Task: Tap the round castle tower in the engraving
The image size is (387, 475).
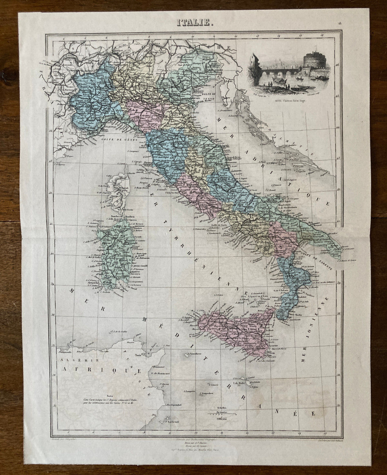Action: pos(309,67)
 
